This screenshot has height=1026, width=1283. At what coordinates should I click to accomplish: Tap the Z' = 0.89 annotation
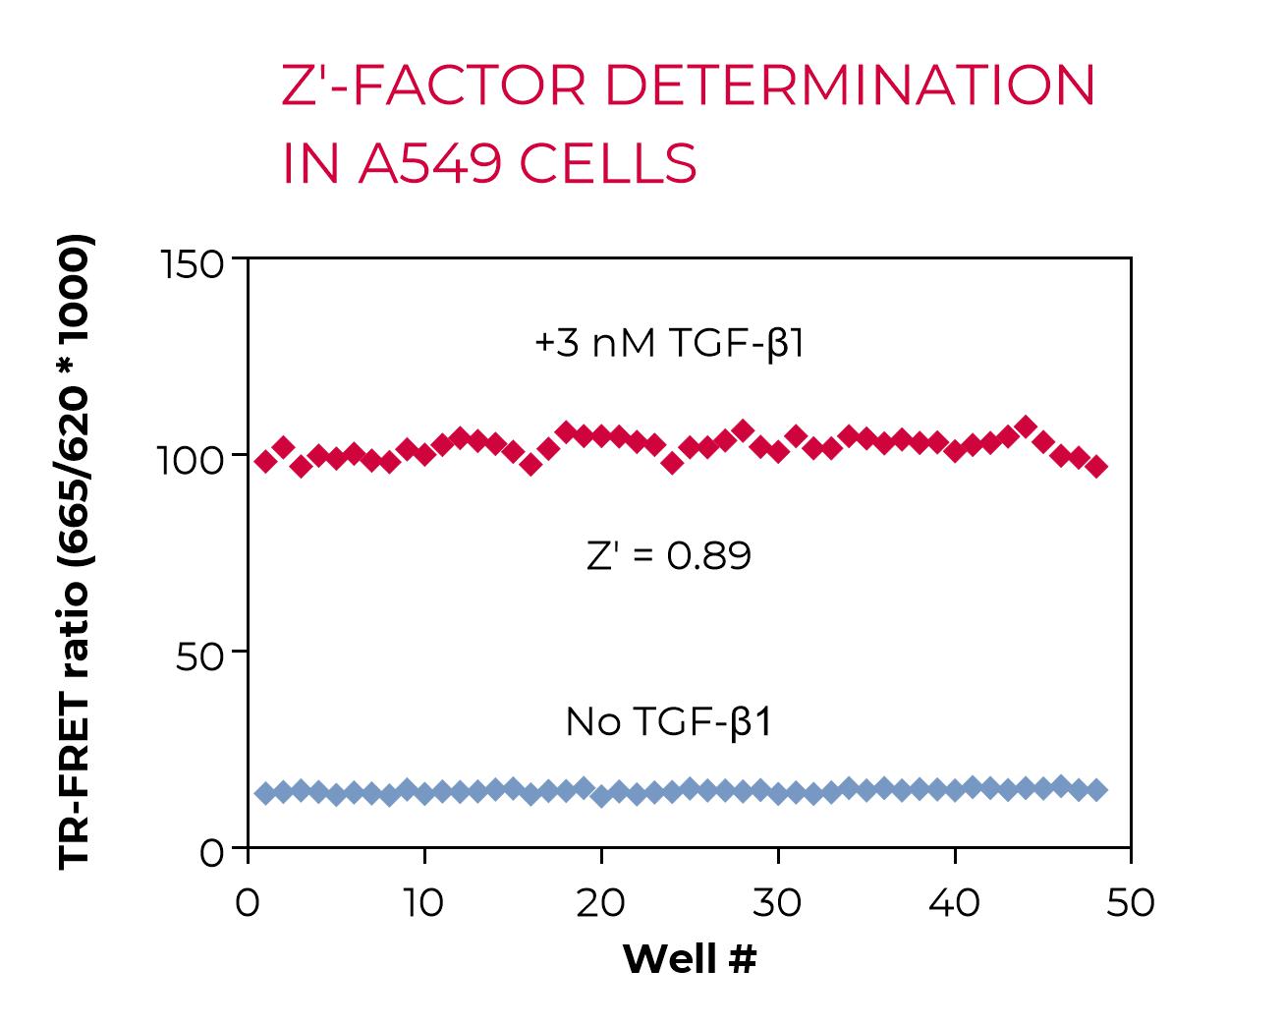(669, 556)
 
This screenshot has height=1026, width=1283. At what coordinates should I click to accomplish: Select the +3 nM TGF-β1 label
(669, 344)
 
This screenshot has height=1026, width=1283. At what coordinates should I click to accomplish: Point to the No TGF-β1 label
(669, 722)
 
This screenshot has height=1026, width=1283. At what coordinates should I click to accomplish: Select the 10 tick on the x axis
(424, 902)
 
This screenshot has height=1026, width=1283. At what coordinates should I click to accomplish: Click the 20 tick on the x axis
(600, 902)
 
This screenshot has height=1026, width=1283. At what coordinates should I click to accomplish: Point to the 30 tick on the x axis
(777, 902)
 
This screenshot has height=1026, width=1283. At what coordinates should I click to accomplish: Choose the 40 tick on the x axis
(954, 902)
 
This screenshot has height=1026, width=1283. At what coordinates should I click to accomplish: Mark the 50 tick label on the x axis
(1130, 902)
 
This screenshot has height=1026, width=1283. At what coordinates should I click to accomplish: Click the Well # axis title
(690, 958)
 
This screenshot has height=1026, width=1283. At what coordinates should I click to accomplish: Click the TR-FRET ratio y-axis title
(75, 551)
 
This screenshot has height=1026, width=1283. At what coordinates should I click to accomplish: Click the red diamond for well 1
(265, 462)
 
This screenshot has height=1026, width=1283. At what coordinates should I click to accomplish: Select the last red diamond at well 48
(1096, 467)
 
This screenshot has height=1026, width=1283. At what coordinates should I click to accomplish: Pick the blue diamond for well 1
(265, 793)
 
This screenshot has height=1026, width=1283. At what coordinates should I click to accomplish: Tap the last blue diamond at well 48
(1096, 789)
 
